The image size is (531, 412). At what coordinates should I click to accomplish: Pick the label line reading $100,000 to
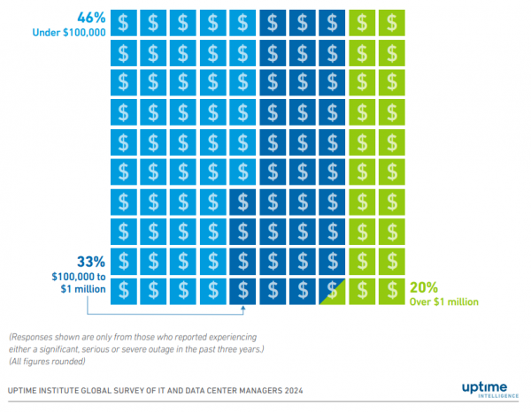point(76,277)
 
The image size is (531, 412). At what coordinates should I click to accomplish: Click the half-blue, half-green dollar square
point(333,290)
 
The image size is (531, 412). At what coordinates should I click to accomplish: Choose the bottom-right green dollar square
point(392,290)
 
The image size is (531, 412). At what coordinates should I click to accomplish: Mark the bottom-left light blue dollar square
point(125,290)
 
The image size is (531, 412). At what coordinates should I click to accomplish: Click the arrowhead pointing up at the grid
point(243,309)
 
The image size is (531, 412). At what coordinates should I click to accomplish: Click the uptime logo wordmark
point(485,385)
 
